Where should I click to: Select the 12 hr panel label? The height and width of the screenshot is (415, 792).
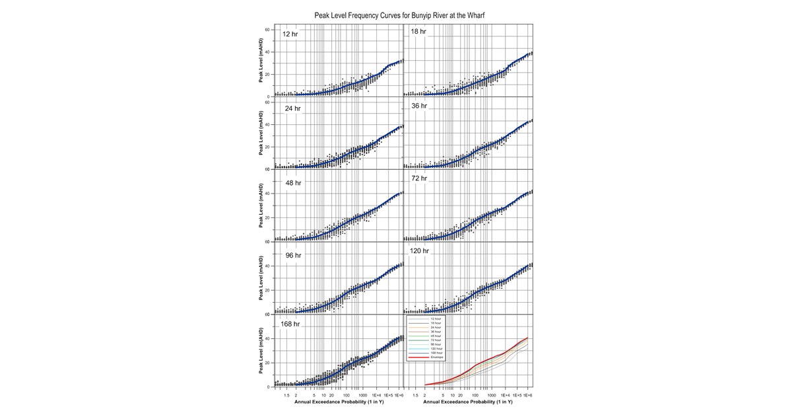(x=290, y=34)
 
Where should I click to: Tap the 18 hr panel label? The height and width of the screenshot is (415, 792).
(x=418, y=32)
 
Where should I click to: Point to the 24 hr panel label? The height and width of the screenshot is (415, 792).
(x=292, y=108)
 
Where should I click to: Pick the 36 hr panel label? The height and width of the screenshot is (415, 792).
(x=419, y=106)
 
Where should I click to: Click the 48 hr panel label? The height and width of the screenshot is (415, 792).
(x=292, y=182)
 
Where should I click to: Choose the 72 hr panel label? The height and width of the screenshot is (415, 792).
(x=419, y=178)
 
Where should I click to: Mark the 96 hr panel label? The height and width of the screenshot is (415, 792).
(x=292, y=255)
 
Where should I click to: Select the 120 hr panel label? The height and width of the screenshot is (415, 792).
(x=420, y=251)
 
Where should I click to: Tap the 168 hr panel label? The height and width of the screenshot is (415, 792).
(x=290, y=324)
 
